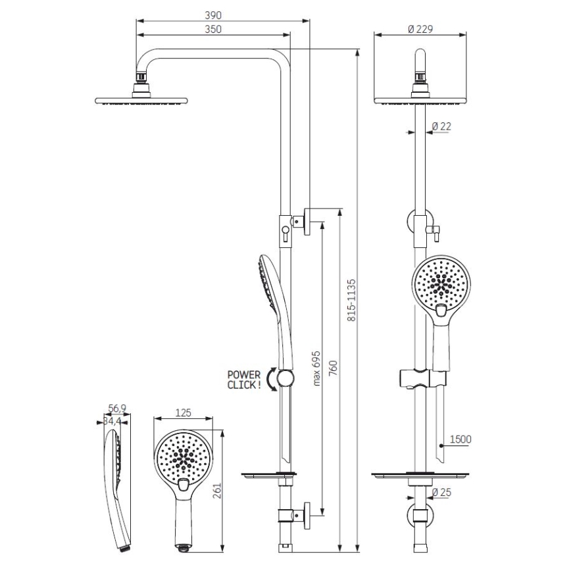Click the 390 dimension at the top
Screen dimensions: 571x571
[x=213, y=15]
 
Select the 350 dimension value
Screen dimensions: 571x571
[x=213, y=29]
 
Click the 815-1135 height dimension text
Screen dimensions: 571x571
[x=351, y=299]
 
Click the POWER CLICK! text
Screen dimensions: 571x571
[x=243, y=381]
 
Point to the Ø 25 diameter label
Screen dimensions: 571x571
[x=442, y=492]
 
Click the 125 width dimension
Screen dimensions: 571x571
[x=184, y=413]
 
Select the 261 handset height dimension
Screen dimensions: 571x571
[x=218, y=491]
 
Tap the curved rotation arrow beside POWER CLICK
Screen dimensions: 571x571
[x=269, y=380]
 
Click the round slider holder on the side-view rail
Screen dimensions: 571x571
[x=285, y=378]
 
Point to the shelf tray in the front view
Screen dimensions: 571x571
[x=420, y=475]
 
